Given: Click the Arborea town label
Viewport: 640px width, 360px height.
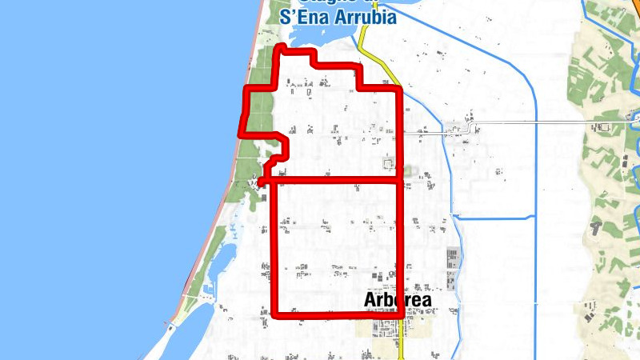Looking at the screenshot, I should (x=398, y=300).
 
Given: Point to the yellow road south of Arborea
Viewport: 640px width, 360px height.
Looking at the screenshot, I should (x=401, y=344).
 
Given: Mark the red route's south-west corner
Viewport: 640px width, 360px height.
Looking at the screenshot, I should (x=274, y=314).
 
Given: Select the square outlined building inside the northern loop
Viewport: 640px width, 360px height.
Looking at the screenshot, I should (x=389, y=164).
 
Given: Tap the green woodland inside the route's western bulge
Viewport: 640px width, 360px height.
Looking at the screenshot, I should (x=258, y=112).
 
